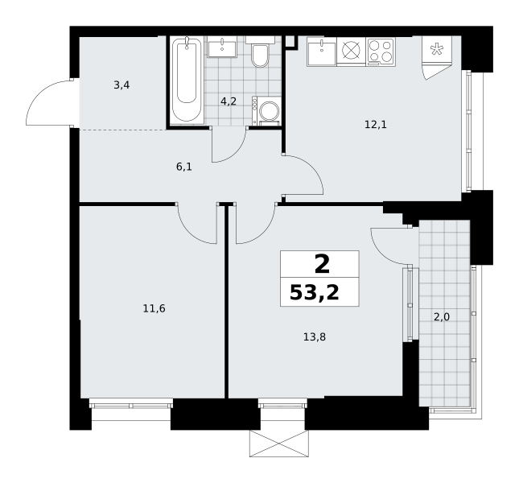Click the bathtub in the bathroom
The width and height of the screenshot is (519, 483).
click(187, 80)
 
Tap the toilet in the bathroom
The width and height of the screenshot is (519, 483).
click(260, 52)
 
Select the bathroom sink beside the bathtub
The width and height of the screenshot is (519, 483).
click(222, 47)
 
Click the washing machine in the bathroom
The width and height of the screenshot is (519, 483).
click(266, 111)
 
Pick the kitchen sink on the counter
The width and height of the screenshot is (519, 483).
click(321, 51)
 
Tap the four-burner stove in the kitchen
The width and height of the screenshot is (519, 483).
click(381, 51)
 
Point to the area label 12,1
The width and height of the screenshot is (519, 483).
click(376, 125)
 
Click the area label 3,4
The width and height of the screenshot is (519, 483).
click(122, 85)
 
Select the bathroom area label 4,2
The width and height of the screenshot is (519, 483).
click(229, 101)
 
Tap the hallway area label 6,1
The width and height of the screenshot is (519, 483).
click(184, 167)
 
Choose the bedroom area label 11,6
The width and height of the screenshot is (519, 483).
click(154, 309)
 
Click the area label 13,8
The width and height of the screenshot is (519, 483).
click(315, 337)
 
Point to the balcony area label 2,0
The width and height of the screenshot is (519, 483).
click(442, 317)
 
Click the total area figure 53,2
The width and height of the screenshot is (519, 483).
click(314, 293)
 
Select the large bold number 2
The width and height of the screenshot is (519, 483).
click(322, 265)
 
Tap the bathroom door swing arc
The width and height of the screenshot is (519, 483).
click(235, 153)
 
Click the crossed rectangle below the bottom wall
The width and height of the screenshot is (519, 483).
click(278, 444)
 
